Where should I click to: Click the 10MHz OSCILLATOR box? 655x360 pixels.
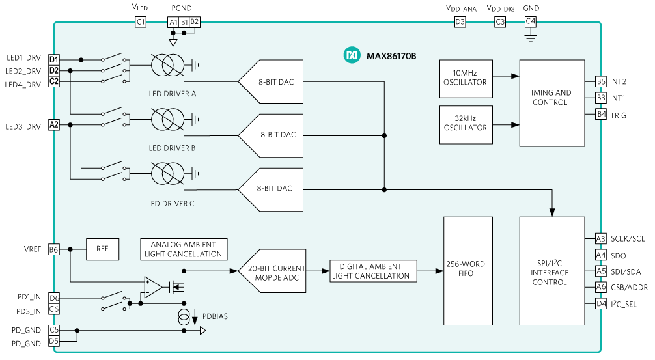tap(466, 77)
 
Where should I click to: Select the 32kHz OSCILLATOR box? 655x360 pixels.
tap(466, 123)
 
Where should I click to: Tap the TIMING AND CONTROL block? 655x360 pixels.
tap(551, 103)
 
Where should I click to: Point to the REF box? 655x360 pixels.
tap(103, 249)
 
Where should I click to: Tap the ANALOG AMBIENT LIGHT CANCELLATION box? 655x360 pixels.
tap(183, 249)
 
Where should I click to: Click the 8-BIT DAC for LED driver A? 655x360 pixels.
tap(272, 82)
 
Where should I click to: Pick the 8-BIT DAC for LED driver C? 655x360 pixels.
tap(272, 189)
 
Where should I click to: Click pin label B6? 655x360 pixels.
tap(53, 249)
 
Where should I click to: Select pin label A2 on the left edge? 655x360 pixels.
tap(53, 124)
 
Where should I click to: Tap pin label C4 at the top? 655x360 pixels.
tap(530, 21)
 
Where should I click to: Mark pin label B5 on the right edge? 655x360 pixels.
tap(600, 82)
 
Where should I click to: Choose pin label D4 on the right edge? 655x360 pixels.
tap(600, 303)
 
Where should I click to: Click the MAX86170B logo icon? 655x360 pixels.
tap(351, 56)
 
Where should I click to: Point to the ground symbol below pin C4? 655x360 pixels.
tap(530, 38)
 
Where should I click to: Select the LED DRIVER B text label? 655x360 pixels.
tap(172, 148)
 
